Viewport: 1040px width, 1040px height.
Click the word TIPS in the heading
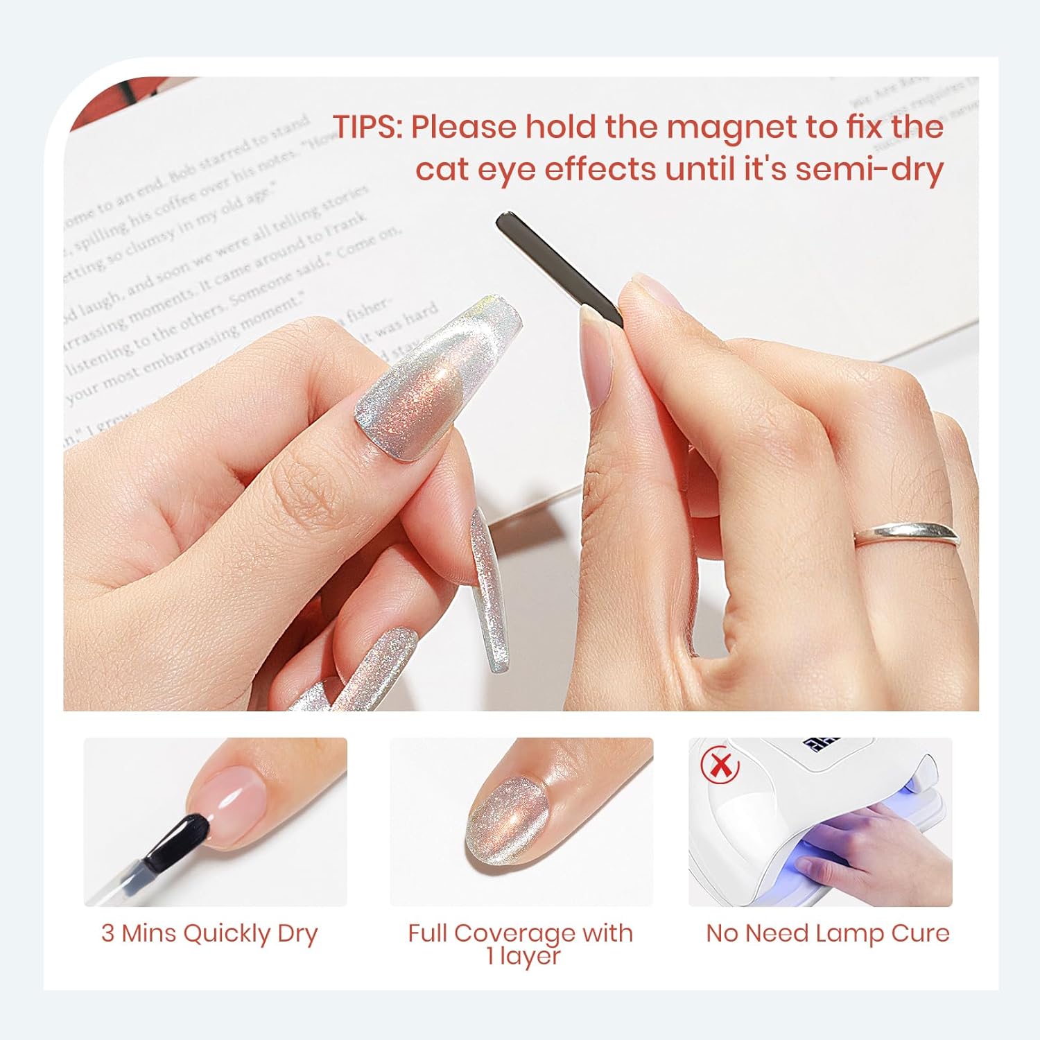coord(365,127)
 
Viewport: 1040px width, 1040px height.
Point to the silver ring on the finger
coord(907,535)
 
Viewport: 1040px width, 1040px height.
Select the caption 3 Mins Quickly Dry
coord(209,933)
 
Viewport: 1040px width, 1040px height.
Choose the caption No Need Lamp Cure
coord(828,933)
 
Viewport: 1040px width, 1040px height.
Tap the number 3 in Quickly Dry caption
coord(107,933)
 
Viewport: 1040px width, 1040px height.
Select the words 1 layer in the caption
coord(523,957)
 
